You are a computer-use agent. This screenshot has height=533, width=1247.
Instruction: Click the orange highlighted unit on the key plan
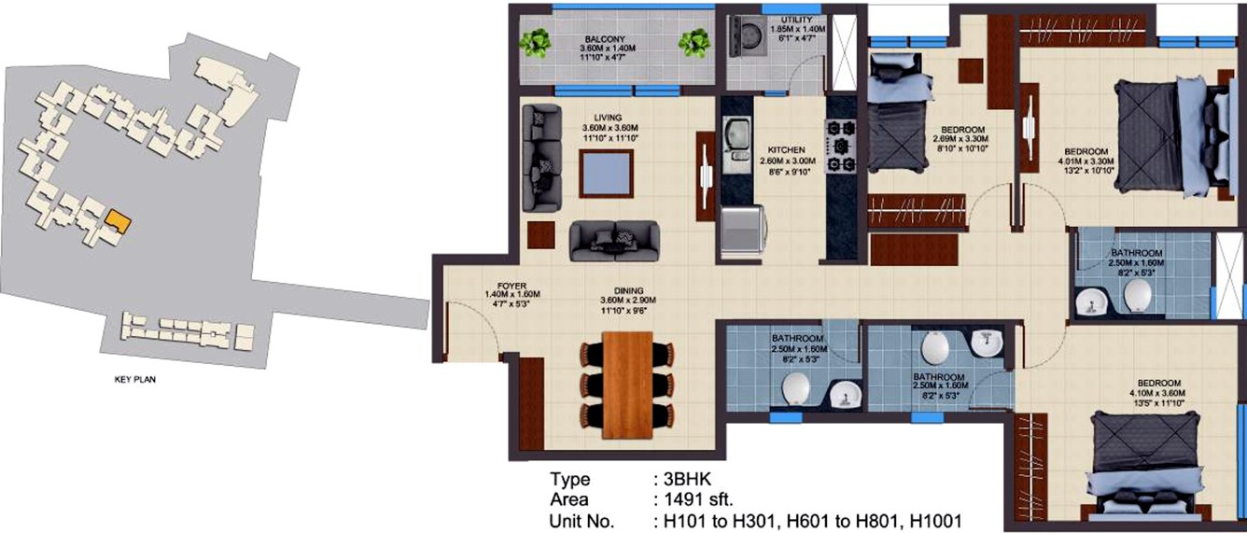click(117, 220)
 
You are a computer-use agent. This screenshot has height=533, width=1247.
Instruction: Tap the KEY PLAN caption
click(133, 381)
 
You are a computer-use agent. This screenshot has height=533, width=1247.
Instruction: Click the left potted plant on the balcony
click(536, 42)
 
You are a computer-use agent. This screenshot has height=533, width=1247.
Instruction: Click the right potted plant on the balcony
click(694, 42)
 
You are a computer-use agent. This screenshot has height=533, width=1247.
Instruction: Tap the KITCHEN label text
click(786, 149)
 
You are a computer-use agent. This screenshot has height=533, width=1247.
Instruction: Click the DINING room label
click(629, 290)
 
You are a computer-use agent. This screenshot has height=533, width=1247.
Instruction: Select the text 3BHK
click(680, 480)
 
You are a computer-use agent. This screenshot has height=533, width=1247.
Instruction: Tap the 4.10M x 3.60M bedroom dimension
click(1159, 394)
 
